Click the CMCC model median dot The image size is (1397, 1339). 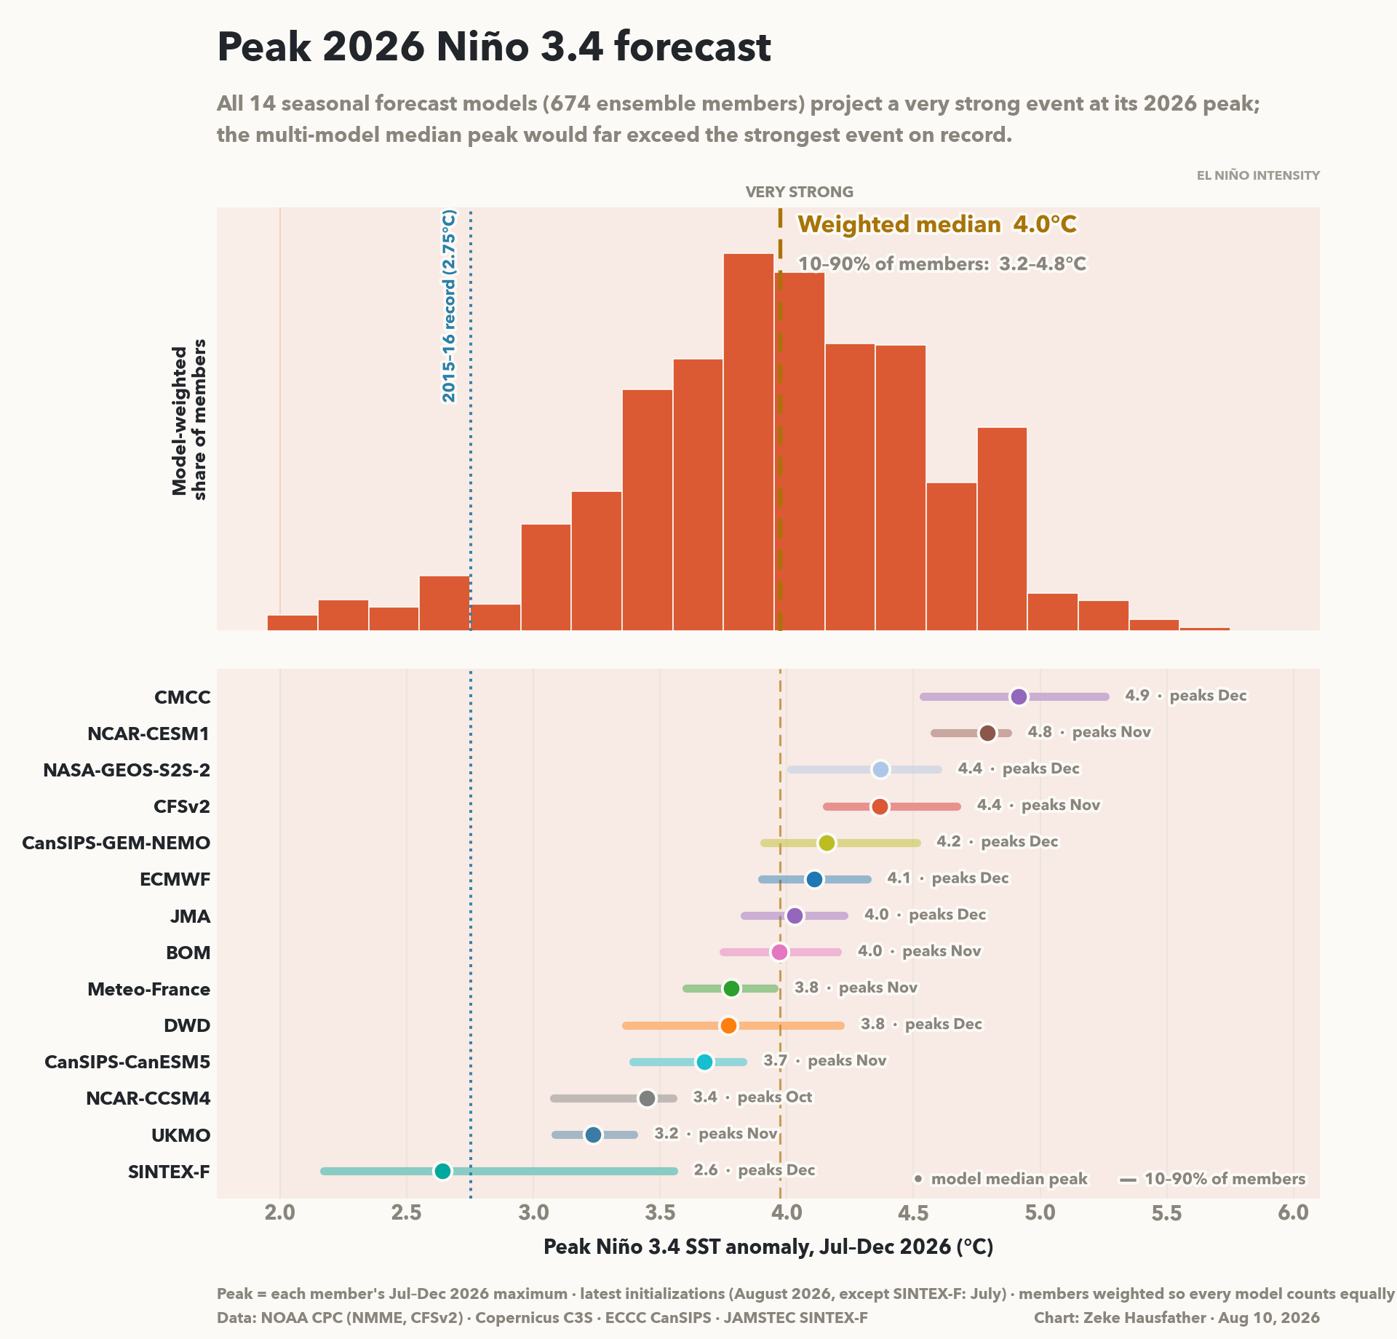[x=1019, y=696]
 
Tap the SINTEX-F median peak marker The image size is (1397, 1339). [x=442, y=1171]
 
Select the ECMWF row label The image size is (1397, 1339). [x=175, y=879]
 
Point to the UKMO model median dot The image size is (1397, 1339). [x=593, y=1135]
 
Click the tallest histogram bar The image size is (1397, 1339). [x=749, y=442]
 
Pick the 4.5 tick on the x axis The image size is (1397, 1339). [x=913, y=1212]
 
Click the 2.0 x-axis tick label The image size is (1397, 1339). [x=280, y=1212]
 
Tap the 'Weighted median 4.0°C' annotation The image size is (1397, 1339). [x=937, y=224]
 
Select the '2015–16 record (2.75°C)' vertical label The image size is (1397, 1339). [x=449, y=306]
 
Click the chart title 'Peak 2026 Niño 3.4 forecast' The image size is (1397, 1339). [x=494, y=47]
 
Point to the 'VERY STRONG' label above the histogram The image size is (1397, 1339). [x=800, y=192]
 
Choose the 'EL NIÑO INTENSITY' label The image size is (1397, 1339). [x=1258, y=175]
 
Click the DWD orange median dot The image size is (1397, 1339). [x=728, y=1025]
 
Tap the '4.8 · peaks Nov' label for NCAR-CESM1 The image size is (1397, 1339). [x=1089, y=732]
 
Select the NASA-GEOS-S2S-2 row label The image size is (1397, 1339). [x=127, y=770]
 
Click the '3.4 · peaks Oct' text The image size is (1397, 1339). [x=752, y=1097]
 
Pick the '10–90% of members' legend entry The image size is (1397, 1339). [x=1213, y=1179]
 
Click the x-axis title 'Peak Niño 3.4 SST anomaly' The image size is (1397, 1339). [x=768, y=1247]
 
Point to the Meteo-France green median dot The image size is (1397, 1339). [x=731, y=988]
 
